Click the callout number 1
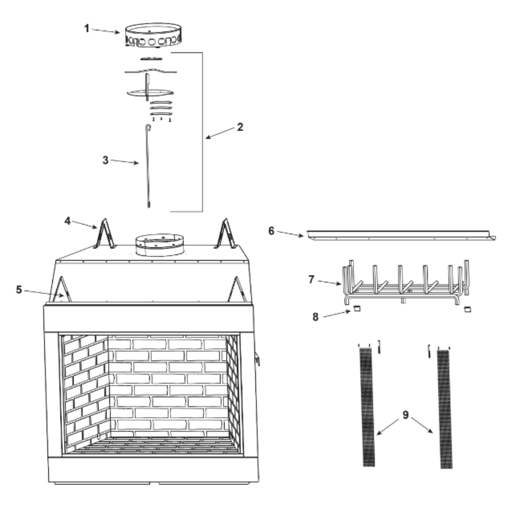tap(86, 28)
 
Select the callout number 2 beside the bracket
tap(240, 127)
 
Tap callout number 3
tap(105, 160)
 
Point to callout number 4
tap(68, 221)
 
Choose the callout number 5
tap(19, 290)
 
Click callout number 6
tap(271, 231)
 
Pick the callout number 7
tap(311, 279)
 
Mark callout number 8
tap(315, 317)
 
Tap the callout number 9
tap(405, 415)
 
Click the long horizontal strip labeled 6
tap(401, 236)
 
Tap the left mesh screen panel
tap(367, 407)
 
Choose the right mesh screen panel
tap(444, 409)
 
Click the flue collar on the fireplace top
tap(160, 245)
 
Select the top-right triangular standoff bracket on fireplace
tap(226, 234)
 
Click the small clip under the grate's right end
tap(467, 309)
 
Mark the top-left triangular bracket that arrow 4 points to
tap(104, 234)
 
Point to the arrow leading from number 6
tap(290, 234)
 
